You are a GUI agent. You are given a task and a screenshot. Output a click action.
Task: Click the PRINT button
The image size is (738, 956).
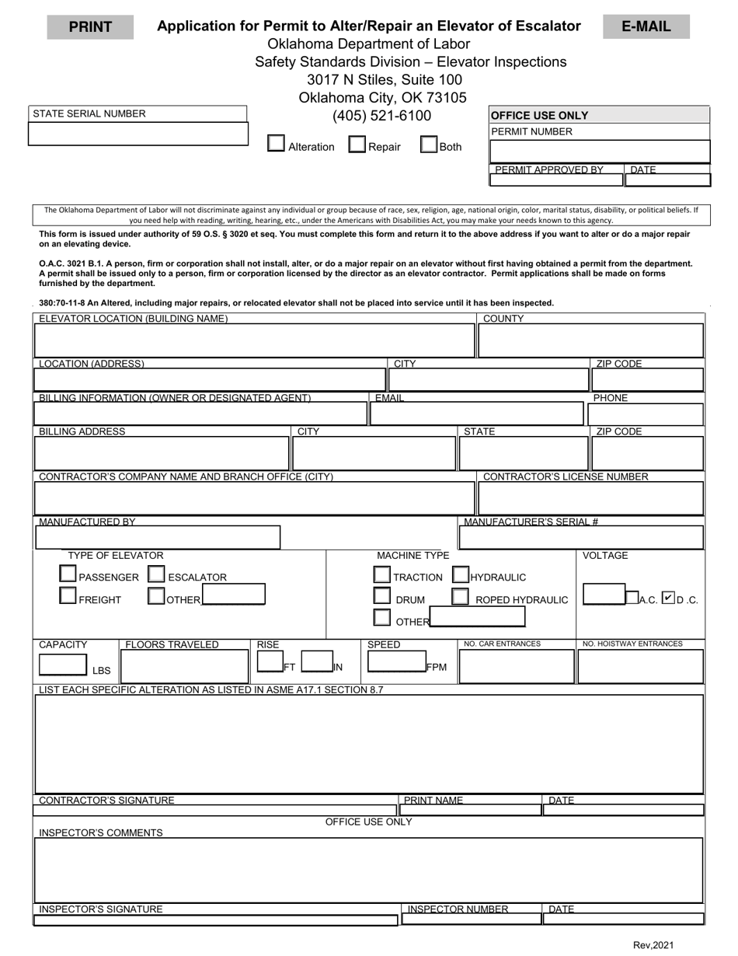(90, 27)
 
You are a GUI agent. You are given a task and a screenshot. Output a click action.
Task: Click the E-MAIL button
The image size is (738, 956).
(646, 26)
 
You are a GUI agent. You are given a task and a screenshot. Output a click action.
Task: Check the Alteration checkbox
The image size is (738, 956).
(276, 144)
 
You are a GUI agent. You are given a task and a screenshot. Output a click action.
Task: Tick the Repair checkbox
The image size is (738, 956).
(357, 145)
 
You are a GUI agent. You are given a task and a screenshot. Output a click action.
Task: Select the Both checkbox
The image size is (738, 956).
(428, 145)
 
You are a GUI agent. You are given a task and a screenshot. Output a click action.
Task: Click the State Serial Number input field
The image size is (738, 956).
(138, 134)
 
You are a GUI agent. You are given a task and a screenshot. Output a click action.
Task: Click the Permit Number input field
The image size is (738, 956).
(600, 151)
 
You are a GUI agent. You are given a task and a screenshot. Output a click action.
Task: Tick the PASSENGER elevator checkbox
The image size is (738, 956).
(68, 575)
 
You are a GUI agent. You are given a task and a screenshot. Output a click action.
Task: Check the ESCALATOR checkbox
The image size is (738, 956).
(156, 575)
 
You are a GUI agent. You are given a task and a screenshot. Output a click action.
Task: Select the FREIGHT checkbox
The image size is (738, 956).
(68, 597)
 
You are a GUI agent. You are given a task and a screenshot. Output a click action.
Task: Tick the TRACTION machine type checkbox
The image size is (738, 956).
(381, 575)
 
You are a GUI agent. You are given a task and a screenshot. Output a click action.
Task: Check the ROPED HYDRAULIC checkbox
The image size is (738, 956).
(461, 597)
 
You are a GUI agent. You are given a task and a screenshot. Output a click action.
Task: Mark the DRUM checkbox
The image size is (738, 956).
(381, 596)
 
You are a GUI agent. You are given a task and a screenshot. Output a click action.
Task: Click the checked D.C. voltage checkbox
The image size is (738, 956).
(669, 598)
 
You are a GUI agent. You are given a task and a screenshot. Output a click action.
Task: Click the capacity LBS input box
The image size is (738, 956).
(63, 665)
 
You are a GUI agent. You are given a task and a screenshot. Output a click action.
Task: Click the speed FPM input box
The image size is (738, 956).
(395, 662)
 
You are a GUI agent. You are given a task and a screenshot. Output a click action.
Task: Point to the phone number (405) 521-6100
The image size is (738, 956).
(381, 116)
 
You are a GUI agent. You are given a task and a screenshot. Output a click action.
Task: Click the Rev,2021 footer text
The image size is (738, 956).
(653, 946)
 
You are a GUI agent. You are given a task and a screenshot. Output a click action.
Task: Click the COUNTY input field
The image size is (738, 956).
(590, 340)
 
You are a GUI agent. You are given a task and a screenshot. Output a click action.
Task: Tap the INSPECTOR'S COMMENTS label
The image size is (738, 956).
(101, 833)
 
